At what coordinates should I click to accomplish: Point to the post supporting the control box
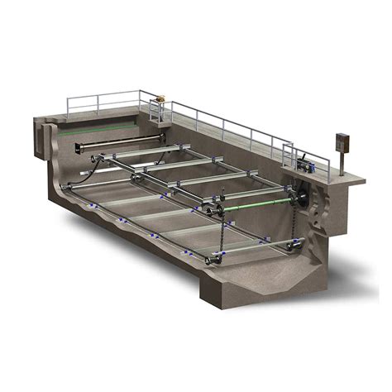tap(338, 161)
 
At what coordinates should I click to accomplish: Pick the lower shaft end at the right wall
tap(293, 245)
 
